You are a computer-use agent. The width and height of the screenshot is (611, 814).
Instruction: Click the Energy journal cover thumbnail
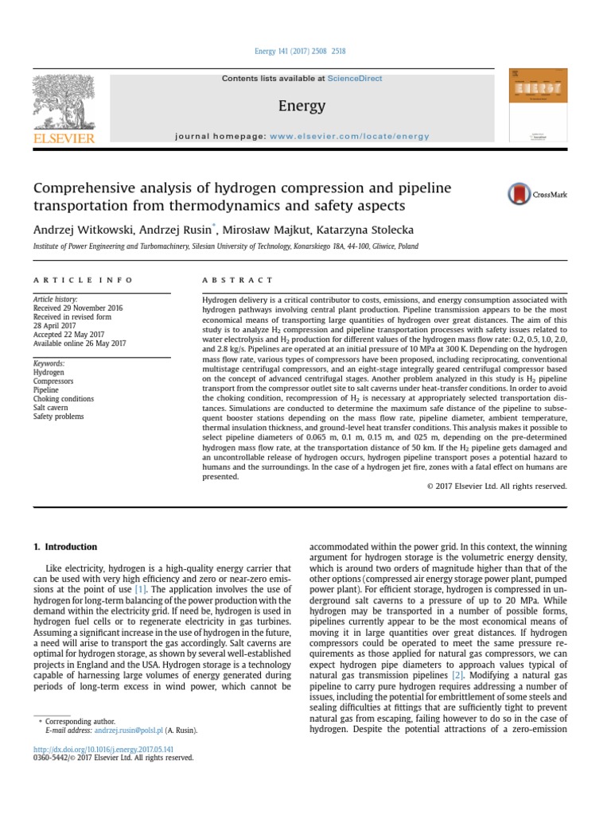coord(539,103)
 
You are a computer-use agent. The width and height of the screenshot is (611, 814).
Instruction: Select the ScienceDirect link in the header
coord(355,79)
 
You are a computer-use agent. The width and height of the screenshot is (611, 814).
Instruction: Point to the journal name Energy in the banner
coord(302,106)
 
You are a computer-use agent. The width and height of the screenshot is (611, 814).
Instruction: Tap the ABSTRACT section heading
coord(238,281)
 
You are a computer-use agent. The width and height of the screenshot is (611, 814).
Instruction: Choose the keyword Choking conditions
coord(63,399)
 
